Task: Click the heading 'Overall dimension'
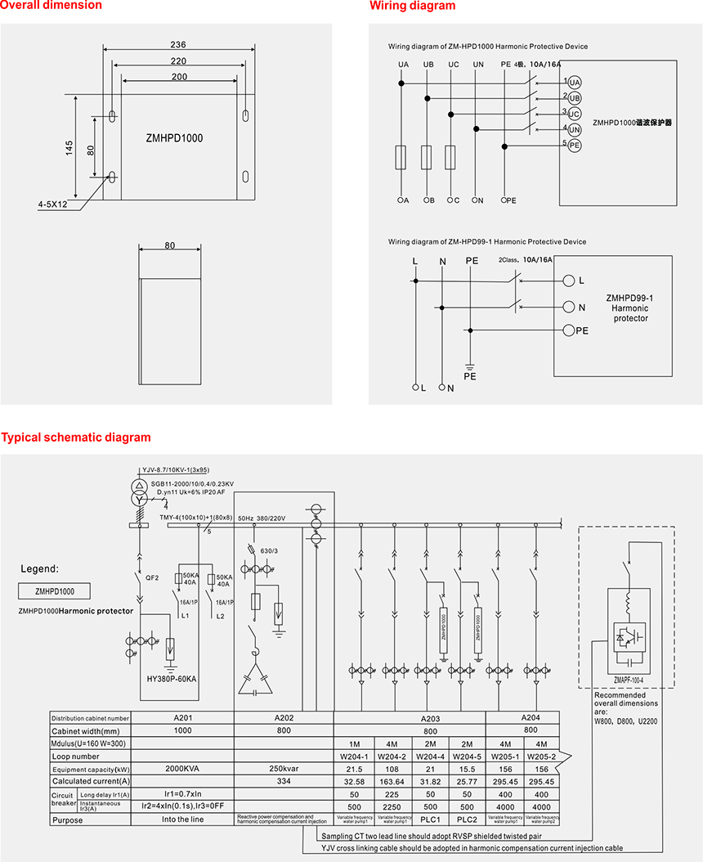(x=51, y=6)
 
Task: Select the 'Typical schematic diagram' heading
(x=76, y=438)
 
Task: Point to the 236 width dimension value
(x=178, y=45)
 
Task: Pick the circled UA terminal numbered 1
(x=574, y=83)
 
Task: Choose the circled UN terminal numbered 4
(x=574, y=129)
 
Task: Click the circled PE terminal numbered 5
(x=574, y=145)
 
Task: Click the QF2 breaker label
(x=152, y=577)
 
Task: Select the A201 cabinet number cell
(x=182, y=718)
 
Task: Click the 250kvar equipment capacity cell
(x=284, y=770)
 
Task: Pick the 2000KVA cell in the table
(x=182, y=770)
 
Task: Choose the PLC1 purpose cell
(x=432, y=819)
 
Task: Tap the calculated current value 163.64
(x=393, y=782)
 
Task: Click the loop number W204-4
(x=432, y=756)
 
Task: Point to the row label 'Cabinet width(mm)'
(x=86, y=731)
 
